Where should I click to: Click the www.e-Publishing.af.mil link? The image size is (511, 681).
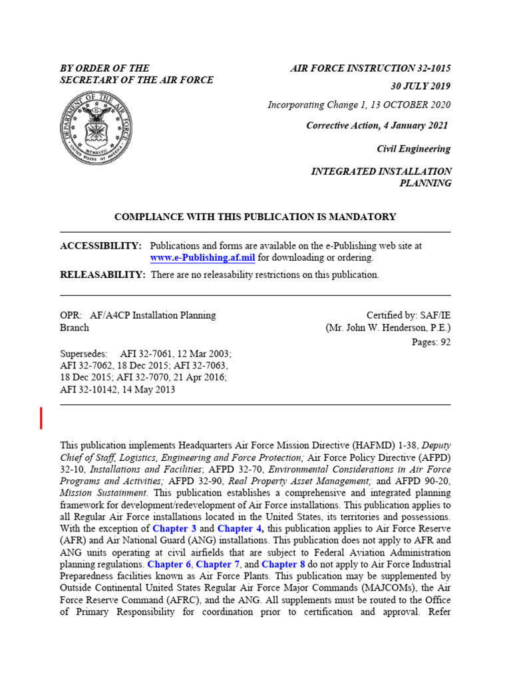202,257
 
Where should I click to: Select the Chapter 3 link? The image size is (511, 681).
174,528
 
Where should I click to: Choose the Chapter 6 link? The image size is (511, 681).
168,564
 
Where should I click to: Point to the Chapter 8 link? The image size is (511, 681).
283,564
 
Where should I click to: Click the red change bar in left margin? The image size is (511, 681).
41,418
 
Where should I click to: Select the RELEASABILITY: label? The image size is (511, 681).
102,275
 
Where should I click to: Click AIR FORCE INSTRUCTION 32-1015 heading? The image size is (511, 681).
371,68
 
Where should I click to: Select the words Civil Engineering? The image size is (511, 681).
413,149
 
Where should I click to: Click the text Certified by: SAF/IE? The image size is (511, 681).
408,315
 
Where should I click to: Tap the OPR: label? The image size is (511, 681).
71,315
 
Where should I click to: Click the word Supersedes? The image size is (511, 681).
84,354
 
